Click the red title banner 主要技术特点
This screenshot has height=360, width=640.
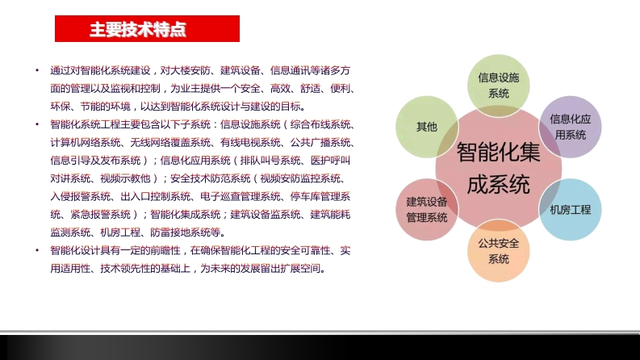147,28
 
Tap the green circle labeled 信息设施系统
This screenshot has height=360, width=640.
499,86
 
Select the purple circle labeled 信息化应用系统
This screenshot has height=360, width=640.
571,127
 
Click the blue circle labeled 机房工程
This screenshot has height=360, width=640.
571,210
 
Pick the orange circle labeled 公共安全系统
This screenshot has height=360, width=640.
499,251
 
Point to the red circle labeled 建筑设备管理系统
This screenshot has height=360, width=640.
426,210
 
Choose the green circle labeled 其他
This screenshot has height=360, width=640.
426,127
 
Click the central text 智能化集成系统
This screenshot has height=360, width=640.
499,168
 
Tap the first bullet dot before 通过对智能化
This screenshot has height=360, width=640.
38,70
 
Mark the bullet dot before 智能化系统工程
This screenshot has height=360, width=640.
38,124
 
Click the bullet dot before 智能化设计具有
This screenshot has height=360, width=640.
38,250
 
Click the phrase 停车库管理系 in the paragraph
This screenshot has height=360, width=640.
320,197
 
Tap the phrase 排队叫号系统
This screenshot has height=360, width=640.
270,161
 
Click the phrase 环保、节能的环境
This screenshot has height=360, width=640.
90,107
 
